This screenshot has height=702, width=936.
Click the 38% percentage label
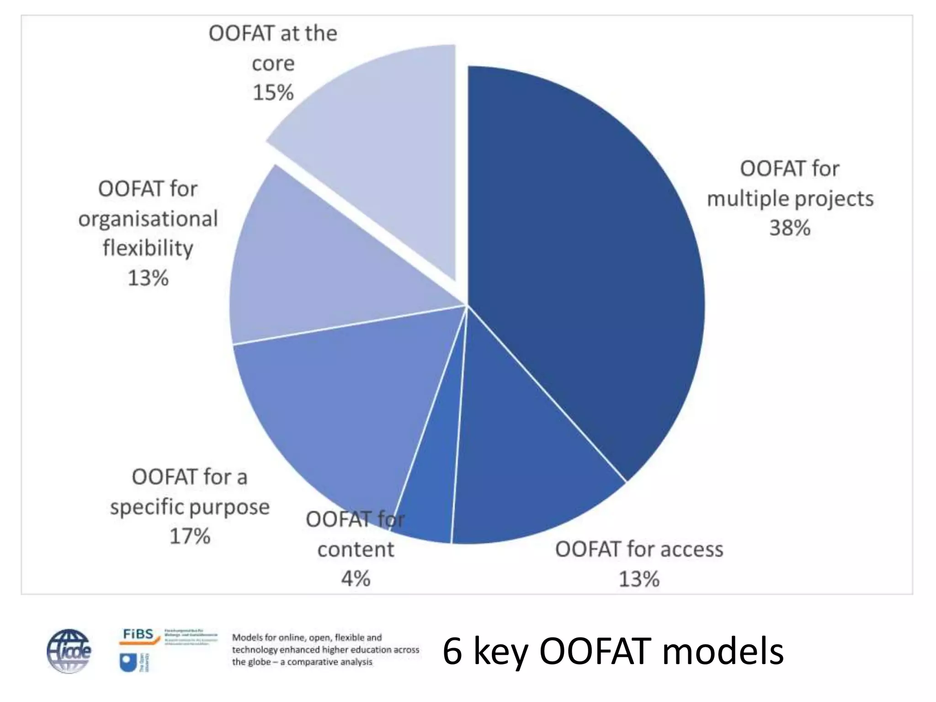click(790, 228)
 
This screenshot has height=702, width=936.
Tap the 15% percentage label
click(273, 93)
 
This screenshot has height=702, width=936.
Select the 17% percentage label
click(190, 536)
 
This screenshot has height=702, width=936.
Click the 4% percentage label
click(356, 579)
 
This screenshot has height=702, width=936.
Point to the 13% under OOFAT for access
click(639, 579)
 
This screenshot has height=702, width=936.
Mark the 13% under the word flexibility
click(148, 278)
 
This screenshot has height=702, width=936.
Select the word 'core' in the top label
click(273, 64)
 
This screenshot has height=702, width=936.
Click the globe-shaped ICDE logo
click(69, 651)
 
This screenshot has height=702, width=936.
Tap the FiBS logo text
click(138, 634)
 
